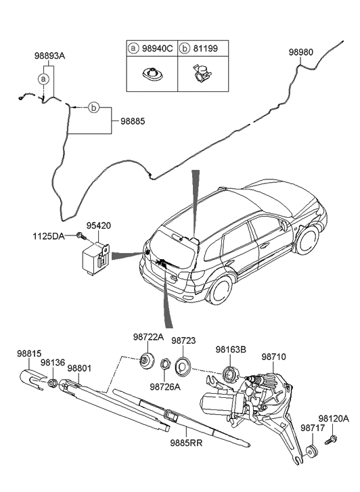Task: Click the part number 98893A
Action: pos(49,56)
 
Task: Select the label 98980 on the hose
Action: pos(300,52)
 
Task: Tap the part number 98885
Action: pos(133,121)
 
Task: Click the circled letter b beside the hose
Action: pos(93,108)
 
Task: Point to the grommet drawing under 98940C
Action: pos(152,74)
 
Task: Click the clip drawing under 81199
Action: pos(202,73)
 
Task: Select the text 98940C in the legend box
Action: pos(158,49)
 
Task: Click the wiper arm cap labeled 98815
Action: pos(32,380)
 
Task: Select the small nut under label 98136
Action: pos(53,383)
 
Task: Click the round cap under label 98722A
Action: pos(147,360)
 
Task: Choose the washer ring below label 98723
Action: pos(183,367)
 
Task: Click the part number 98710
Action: pos(273,357)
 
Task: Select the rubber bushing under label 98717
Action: pos(312,451)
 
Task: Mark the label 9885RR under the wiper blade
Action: pos(187,443)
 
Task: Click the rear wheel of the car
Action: pos(221,290)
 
